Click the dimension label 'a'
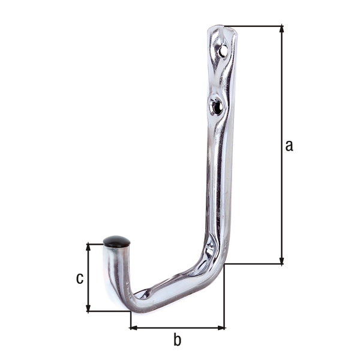pos(289,145)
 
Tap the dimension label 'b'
pos(177,340)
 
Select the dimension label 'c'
pos(79,278)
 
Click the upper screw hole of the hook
pos(223,52)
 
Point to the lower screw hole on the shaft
pos(217,107)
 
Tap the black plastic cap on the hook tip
pos(116,242)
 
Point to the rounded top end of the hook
pos(222,30)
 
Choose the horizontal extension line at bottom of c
pos(108,311)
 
